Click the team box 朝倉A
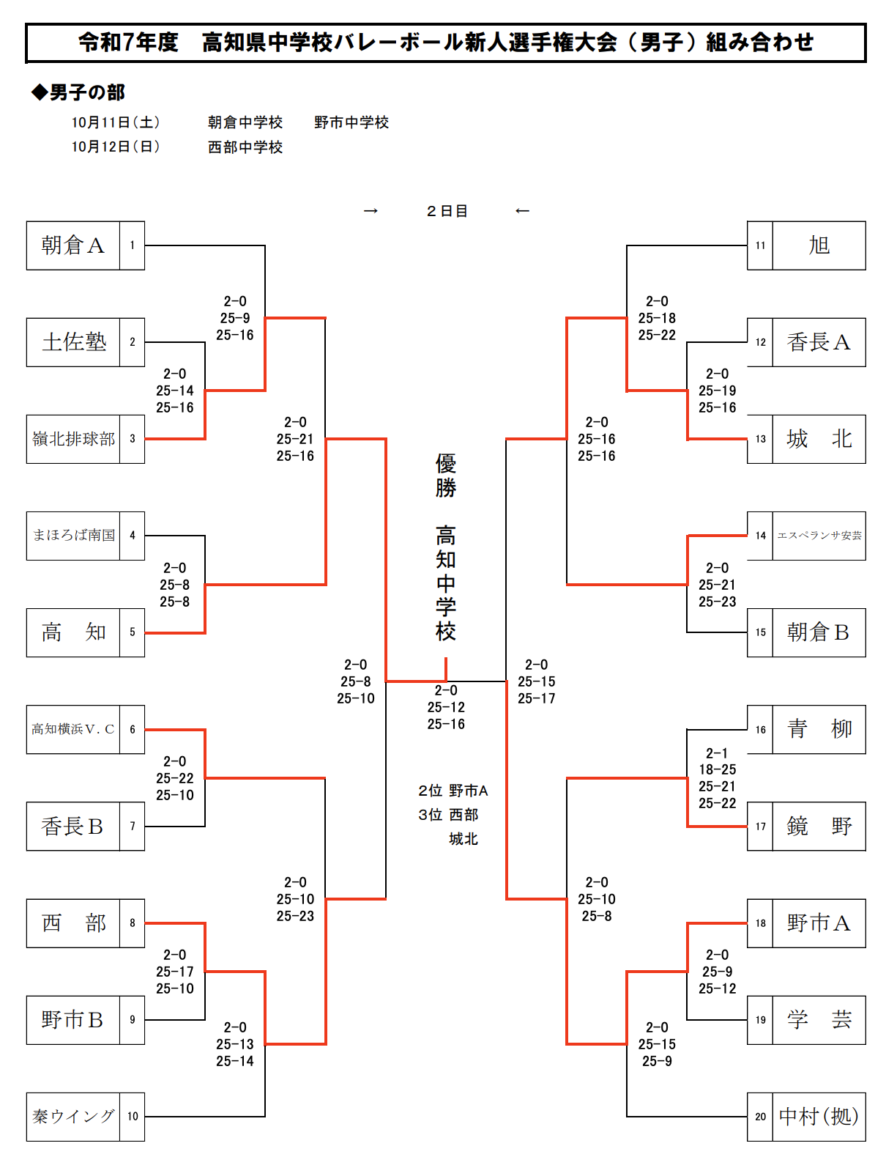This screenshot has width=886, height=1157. tap(73, 245)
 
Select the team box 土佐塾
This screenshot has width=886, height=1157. tap(73, 342)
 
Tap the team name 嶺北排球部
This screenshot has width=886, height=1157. tap(73, 439)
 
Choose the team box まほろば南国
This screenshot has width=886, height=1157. tap(73, 536)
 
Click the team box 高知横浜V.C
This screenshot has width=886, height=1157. tap(73, 729)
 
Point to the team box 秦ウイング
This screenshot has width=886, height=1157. tap(73, 1117)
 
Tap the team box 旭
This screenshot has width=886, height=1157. tap(819, 245)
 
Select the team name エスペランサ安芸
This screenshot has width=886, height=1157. tap(819, 536)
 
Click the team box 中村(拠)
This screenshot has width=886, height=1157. tap(819, 1117)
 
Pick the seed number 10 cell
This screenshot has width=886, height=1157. tap(133, 1117)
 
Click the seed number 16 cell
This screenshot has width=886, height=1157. tap(760, 729)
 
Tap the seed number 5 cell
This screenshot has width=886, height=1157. tap(133, 632)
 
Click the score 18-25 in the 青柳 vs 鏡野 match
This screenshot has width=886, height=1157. tap(717, 769)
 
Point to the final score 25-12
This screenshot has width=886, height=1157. tap(446, 707)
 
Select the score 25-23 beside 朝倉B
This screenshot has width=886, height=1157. tap(717, 602)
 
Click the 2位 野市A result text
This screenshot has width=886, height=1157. tap(453, 791)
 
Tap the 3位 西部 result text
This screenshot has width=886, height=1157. tap(448, 815)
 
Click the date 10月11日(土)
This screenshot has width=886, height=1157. tap(116, 122)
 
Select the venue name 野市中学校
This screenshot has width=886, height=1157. tap(351, 122)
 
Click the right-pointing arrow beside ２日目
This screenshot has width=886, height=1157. tap(371, 211)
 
